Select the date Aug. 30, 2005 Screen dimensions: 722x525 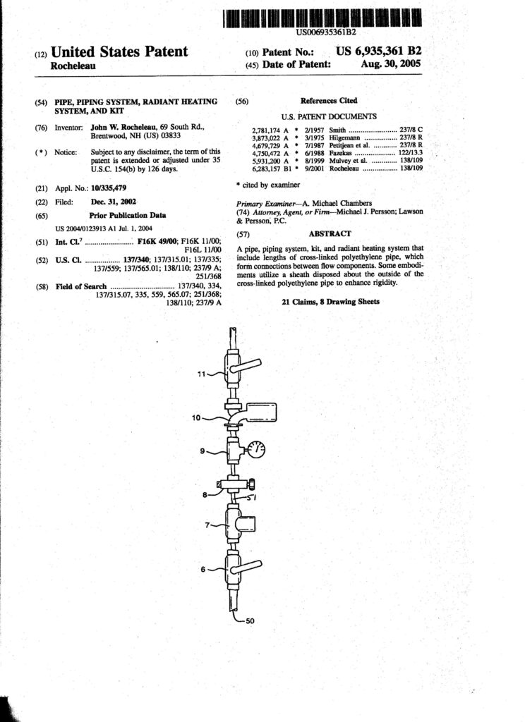coord(390,64)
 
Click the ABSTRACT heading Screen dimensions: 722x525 coord(330,233)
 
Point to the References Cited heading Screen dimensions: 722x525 coord(329,101)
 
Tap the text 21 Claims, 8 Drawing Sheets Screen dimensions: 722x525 coord(330,302)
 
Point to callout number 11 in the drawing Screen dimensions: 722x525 coord(203,374)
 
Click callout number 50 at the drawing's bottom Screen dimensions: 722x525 coord(251,621)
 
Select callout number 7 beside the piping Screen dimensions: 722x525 coord(208,525)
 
